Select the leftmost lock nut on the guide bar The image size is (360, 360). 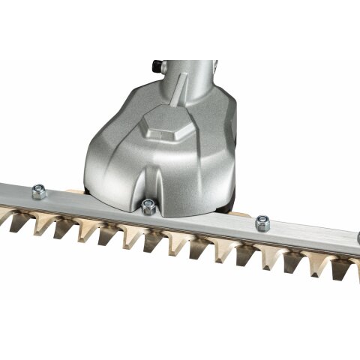coord(38,193)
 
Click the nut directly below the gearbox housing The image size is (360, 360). coord(147,207)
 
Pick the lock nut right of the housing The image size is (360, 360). coord(262,222)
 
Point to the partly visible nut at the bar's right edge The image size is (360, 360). coord(358,239)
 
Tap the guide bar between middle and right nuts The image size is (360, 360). coord(206,221)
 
